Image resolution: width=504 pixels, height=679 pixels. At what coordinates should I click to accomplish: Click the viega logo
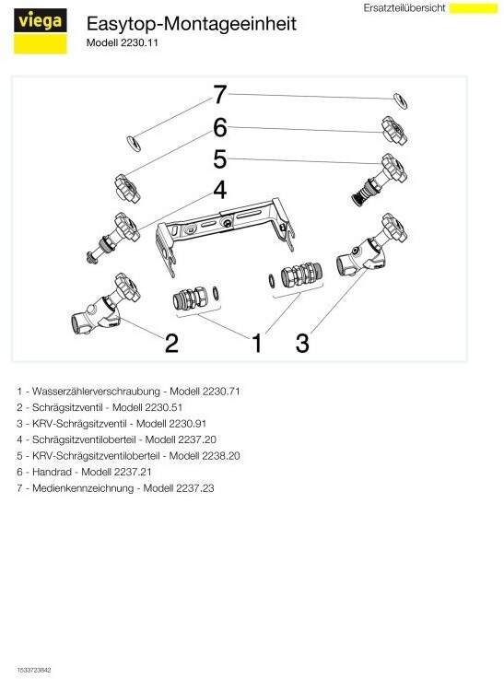point(41,31)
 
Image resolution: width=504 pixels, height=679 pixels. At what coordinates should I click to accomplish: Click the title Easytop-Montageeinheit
point(192,23)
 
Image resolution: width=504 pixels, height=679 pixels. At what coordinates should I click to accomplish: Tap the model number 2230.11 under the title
point(139,43)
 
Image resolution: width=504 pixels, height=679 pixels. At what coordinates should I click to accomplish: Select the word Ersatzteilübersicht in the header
point(404,8)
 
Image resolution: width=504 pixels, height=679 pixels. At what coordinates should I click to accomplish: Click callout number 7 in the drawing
point(220,94)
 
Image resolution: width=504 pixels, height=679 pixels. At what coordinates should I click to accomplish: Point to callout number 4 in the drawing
point(220,190)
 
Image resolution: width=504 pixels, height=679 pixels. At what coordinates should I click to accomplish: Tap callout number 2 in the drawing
point(172,343)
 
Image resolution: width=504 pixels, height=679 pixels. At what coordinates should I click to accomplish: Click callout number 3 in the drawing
point(302,343)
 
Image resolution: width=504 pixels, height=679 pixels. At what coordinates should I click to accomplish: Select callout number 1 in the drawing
point(257,343)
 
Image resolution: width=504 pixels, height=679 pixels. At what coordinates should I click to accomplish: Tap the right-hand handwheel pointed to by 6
point(394,130)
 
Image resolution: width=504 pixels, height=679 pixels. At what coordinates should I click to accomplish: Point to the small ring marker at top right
point(400,101)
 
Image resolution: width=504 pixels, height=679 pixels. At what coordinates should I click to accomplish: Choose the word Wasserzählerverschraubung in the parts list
point(96,392)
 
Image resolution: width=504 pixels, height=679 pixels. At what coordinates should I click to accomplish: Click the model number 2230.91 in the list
point(187,424)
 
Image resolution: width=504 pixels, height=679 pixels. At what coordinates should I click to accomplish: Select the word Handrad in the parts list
point(52,472)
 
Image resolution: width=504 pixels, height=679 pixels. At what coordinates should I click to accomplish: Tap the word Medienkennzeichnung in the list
point(83,488)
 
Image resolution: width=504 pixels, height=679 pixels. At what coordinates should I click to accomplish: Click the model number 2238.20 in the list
point(221,456)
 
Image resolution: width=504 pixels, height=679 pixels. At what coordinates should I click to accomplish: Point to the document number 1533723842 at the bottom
point(34,670)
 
